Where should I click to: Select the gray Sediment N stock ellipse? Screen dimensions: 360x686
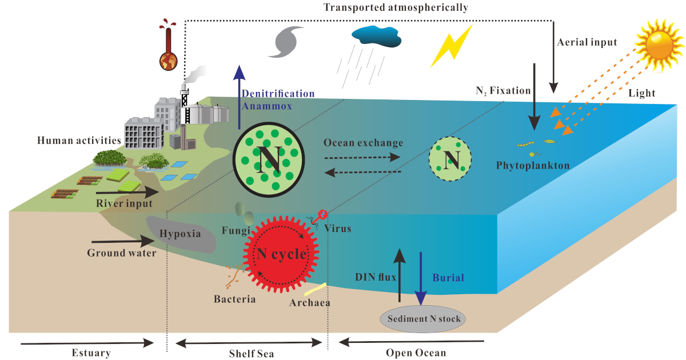pyautogui.click(x=423, y=318)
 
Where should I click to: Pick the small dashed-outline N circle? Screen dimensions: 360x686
pyautogui.click(x=450, y=158)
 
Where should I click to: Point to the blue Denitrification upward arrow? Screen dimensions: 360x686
pyautogui.click(x=240, y=97)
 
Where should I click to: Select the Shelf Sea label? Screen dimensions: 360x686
pyautogui.click(x=248, y=353)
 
